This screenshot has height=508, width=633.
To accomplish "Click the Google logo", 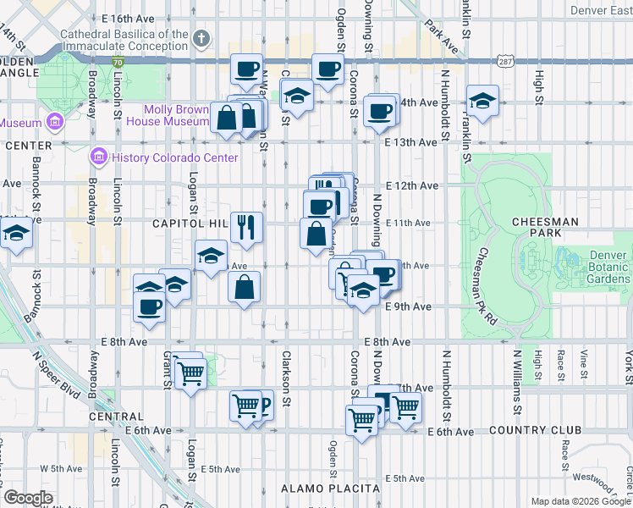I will (x=28, y=497).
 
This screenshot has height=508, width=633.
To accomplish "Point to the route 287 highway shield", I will (x=504, y=63).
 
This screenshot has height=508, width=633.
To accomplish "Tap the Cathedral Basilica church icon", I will (x=201, y=38).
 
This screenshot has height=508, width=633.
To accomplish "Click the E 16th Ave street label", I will (x=128, y=18).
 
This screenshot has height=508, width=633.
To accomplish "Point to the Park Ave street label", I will (x=441, y=36).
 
